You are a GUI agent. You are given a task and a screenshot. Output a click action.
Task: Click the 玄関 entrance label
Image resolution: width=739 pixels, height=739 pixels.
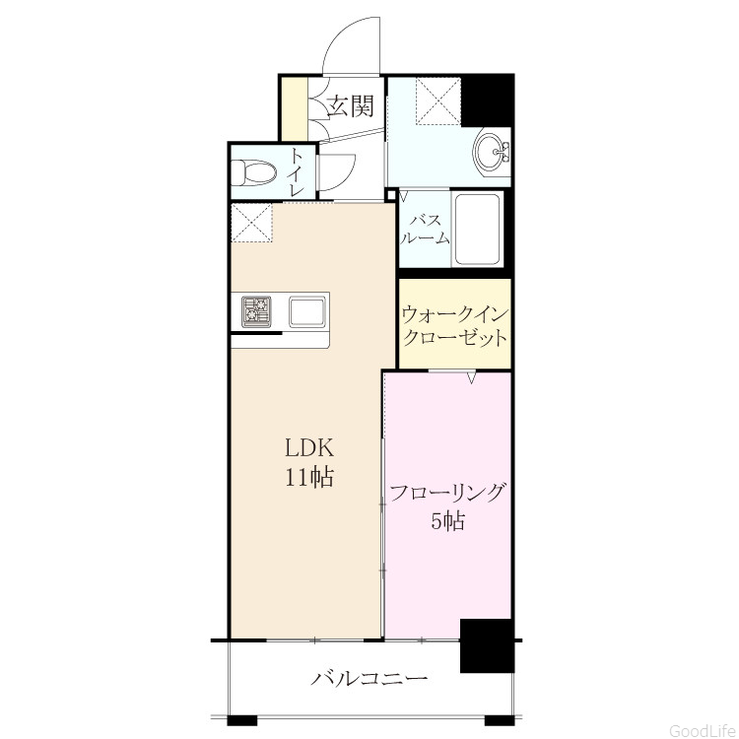pos(351,106)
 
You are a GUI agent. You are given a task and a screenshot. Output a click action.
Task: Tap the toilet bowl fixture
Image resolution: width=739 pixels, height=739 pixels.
pos(254,172)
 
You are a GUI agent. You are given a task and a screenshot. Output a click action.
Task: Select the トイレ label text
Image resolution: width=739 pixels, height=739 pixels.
pos(297,172)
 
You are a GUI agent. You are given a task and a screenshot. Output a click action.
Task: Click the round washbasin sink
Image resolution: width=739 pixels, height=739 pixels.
pos(489,152)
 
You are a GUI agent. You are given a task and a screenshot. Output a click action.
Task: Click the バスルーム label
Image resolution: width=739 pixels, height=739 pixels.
pos(425,230)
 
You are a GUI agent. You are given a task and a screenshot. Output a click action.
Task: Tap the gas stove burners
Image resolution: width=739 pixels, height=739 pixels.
pos(257,310)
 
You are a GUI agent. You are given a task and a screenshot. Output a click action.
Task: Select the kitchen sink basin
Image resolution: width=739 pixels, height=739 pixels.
pos(307,311)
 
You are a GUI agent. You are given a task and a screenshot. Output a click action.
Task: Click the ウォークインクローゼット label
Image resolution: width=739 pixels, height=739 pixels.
pos(455,325)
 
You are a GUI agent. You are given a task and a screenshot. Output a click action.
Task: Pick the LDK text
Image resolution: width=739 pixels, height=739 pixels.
pos(309,447)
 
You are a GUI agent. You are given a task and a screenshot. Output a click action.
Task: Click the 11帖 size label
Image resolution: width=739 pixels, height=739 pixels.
pos(308,477)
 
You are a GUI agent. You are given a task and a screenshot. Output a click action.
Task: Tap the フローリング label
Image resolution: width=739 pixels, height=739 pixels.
pos(447,493)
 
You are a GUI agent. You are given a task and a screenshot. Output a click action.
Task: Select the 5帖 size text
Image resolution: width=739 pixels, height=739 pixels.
pos(447,521)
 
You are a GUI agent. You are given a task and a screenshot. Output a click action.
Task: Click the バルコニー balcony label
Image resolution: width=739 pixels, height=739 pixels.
pos(369,678)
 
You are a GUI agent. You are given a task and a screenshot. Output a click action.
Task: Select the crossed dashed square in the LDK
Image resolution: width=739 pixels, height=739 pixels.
pos(251,223)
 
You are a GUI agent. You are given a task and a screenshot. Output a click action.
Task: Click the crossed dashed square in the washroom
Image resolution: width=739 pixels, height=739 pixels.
pos(437,101)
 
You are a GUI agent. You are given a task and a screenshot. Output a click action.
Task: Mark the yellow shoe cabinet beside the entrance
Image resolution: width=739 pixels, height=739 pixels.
pos(295,108)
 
